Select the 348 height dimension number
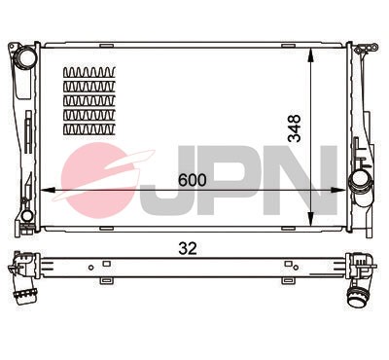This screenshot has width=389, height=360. point(295,129)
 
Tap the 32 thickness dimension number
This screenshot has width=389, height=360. point(189,248)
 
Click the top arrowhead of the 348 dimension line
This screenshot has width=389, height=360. point(310,49)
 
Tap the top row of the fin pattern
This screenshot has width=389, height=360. point(88,73)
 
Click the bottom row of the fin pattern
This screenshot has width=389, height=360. point(88,127)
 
